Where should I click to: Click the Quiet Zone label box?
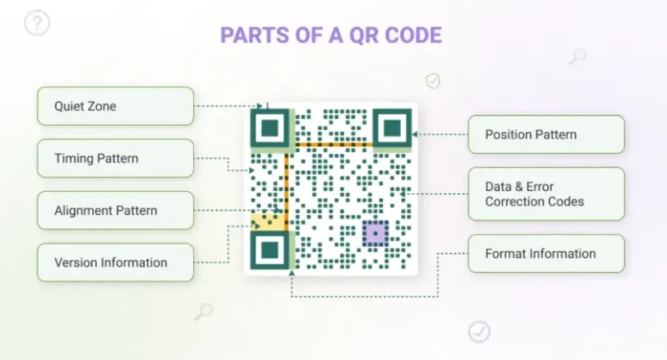[115, 106]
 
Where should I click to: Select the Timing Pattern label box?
[115, 158]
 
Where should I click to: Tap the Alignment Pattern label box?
[115, 210]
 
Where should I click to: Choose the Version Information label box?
[115, 262]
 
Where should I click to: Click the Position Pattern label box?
[546, 135]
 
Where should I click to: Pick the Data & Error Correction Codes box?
[546, 194]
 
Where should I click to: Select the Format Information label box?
[546, 254]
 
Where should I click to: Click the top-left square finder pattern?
[270, 128]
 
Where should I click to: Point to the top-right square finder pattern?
[391, 128]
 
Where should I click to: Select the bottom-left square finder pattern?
[270, 249]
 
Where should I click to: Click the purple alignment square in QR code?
[375, 233]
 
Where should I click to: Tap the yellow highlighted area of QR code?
[267, 221]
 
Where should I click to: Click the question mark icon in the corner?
[37, 24]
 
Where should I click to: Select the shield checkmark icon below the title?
[433, 81]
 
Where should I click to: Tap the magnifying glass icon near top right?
[577, 57]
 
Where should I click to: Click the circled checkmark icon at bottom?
[479, 331]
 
